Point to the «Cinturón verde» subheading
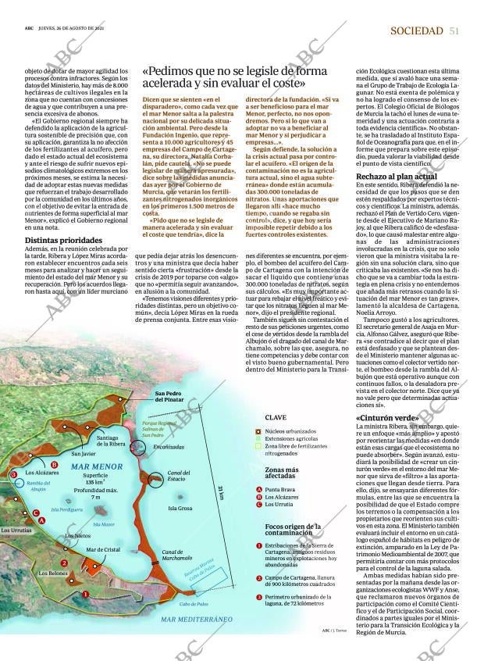(387, 418)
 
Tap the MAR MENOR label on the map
(96, 466)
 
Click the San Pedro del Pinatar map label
(169, 396)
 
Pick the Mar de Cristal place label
(103, 550)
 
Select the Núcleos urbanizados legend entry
(290, 431)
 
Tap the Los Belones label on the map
(52, 573)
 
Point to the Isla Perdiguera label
(66, 509)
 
